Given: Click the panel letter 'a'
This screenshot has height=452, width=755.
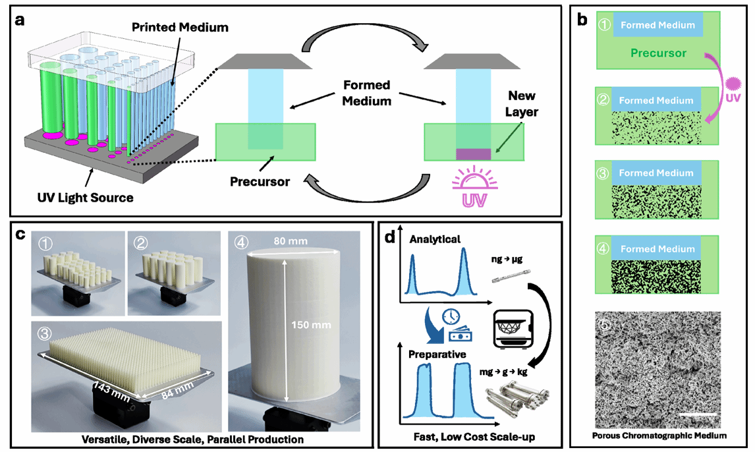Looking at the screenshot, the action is click(x=20, y=20).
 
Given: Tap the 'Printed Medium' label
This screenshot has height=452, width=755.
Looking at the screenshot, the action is click(x=180, y=28).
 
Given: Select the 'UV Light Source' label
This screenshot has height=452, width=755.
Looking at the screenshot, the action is click(x=85, y=198).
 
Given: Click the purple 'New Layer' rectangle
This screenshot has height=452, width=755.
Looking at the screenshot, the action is click(x=473, y=154).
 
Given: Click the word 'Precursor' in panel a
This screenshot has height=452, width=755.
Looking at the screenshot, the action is click(x=260, y=181).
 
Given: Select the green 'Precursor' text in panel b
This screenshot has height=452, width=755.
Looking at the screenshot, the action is click(x=658, y=53).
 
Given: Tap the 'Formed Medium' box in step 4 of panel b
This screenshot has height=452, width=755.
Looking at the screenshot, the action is click(x=657, y=249).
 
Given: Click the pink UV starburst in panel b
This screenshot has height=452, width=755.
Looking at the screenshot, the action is click(x=733, y=84).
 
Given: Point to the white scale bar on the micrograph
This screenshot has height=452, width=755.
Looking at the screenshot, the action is click(x=698, y=414).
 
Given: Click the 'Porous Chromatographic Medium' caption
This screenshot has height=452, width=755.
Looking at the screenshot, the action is click(x=659, y=436).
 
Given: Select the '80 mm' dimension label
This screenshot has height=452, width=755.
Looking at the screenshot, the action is click(x=291, y=240).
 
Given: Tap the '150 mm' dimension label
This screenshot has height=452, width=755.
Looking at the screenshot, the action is click(x=311, y=325).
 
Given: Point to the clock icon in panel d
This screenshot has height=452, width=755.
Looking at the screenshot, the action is click(x=451, y=316).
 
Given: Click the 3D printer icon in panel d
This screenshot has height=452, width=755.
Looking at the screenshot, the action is click(x=513, y=329).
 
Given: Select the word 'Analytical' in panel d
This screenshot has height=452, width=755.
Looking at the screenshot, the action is click(x=435, y=239).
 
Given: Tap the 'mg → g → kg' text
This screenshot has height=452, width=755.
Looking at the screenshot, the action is click(x=503, y=372).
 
